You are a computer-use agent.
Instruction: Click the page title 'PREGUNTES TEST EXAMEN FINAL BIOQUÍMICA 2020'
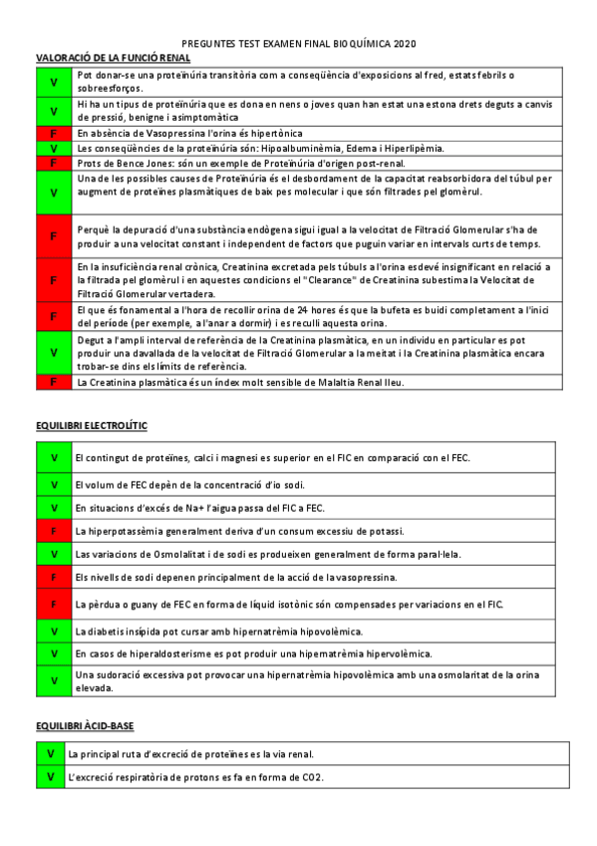pyautogui.click(x=299, y=44)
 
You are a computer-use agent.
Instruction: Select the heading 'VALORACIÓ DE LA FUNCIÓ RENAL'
pyautogui.click(x=113, y=58)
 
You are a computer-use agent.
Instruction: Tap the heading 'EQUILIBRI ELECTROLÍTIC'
pyautogui.click(x=91, y=426)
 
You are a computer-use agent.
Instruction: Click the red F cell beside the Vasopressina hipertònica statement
pyautogui.click(x=53, y=133)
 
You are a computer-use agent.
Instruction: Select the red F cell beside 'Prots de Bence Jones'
pyautogui.click(x=53, y=163)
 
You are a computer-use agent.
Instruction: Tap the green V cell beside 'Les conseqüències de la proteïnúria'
pyautogui.click(x=53, y=148)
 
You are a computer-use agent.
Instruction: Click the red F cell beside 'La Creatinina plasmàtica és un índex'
pyautogui.click(x=53, y=382)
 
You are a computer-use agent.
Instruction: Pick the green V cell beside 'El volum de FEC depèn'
pyautogui.click(x=53, y=484)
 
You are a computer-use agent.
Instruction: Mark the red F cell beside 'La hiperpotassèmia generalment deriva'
pyautogui.click(x=53, y=531)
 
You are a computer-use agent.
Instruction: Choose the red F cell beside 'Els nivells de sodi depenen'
pyautogui.click(x=53, y=577)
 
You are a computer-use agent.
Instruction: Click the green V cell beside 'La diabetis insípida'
pyautogui.click(x=53, y=631)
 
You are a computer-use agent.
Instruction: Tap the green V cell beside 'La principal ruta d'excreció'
pyautogui.click(x=50, y=754)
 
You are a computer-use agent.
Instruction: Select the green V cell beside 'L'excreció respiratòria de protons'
pyautogui.click(x=50, y=776)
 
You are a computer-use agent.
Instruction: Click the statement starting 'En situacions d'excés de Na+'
pyautogui.click(x=200, y=508)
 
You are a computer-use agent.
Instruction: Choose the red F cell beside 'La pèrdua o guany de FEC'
pyautogui.click(x=53, y=604)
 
